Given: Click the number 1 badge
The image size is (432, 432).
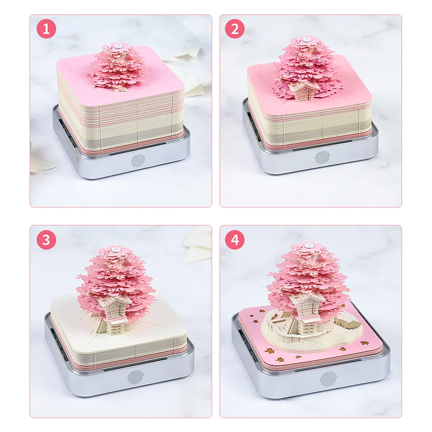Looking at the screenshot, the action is point(46,29).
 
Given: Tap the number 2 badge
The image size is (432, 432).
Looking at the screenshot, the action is point(235,29).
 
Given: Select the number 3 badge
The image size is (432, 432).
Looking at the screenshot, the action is point(46,239).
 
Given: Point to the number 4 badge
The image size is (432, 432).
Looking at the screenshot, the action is point(235,239).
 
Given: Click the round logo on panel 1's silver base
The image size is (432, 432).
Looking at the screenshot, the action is point(137,161).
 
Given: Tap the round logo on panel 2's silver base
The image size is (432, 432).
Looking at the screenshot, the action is point(321,158).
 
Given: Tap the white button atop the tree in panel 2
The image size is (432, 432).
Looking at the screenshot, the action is point(305,39).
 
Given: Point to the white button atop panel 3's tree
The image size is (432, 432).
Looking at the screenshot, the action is point(116,249).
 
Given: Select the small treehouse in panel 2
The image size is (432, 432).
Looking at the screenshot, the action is point(299,90).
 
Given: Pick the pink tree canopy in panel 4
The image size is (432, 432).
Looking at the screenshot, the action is point(308,276).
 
